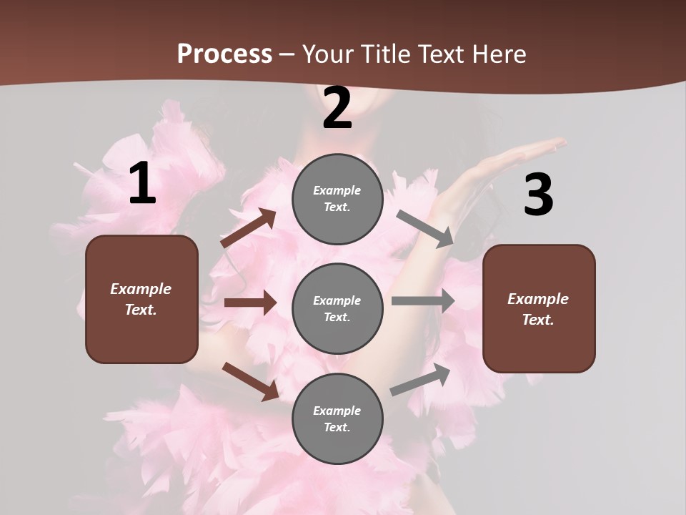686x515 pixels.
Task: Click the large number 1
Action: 142,184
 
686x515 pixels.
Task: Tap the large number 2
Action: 337,109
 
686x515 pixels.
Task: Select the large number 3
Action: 538,195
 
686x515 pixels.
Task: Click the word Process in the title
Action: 224,54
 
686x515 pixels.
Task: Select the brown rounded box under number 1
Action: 141,299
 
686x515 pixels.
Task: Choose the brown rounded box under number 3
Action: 539,309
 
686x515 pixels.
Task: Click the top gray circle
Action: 337,199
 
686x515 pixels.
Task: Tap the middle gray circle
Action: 337,308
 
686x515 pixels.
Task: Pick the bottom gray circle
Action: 337,418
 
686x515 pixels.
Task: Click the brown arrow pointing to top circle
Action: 249,228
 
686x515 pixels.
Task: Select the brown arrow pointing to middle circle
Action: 250,303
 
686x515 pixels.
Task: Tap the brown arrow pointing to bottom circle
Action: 250,381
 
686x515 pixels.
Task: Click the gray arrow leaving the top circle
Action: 425,228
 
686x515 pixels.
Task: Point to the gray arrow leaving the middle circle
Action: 423,301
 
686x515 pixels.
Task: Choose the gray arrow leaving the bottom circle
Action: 421,379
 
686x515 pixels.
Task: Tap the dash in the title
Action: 287,54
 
